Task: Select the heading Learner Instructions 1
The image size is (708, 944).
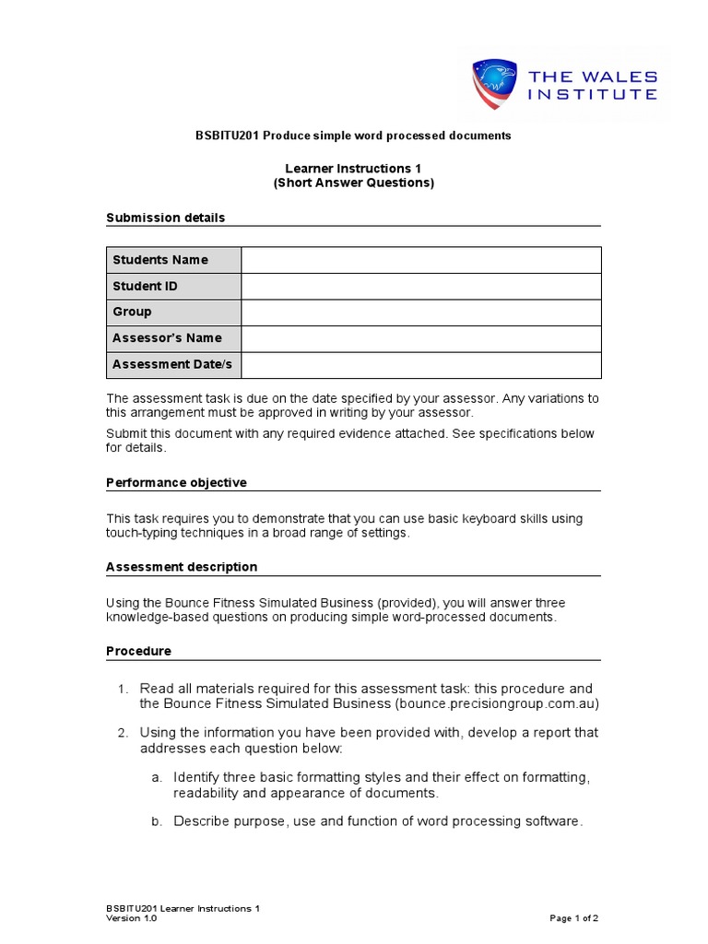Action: [353, 169]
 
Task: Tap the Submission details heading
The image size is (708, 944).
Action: [165, 218]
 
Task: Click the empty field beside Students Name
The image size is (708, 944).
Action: [420, 260]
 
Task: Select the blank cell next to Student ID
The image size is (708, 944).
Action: [420, 286]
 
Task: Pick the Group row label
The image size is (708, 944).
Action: [132, 312]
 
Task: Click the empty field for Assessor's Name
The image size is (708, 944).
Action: [420, 338]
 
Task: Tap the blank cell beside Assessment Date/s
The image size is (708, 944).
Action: [420, 364]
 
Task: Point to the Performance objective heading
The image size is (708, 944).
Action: [176, 482]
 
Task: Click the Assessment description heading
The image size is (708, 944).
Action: [182, 566]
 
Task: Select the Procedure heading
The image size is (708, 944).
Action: [138, 651]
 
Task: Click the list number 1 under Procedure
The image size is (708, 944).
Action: [122, 689]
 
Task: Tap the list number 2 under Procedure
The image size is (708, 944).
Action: [122, 733]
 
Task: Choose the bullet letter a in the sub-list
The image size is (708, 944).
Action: [157, 777]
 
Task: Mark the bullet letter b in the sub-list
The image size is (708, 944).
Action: [157, 821]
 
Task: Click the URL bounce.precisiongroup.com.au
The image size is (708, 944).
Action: [496, 703]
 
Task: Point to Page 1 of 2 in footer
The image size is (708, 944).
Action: [574, 918]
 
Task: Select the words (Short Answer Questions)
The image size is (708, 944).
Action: [353, 183]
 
